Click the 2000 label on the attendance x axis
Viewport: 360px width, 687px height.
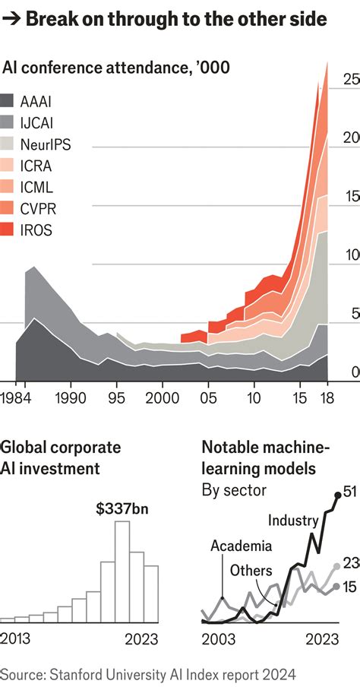pyautogui.click(x=160, y=397)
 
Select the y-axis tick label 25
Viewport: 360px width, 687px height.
pyautogui.click(x=350, y=79)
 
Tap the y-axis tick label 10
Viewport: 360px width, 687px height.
pyautogui.click(x=350, y=255)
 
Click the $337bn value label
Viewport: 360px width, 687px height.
pyautogui.click(x=122, y=508)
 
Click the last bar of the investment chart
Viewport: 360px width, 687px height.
pyautogui.click(x=151, y=594)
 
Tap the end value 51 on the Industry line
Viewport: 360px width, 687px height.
pyautogui.click(x=349, y=492)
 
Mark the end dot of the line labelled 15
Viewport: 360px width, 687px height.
pyautogui.click(x=336, y=587)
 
